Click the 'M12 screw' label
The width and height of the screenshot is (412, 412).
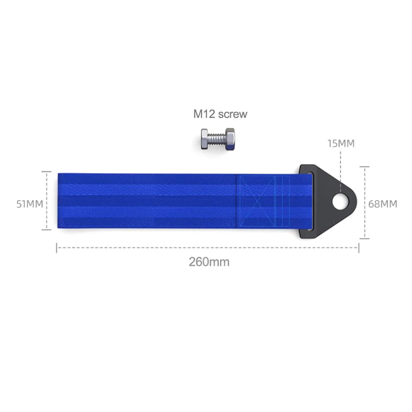(220, 114)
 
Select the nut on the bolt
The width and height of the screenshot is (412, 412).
(230, 139)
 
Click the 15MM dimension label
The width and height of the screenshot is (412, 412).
(341, 144)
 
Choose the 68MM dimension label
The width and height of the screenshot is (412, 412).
(383, 204)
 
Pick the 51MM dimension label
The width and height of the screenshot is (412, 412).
(30, 204)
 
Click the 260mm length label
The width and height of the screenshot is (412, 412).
(209, 262)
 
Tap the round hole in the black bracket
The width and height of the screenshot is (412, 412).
(340, 202)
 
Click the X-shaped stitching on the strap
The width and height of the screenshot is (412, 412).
(256, 201)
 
